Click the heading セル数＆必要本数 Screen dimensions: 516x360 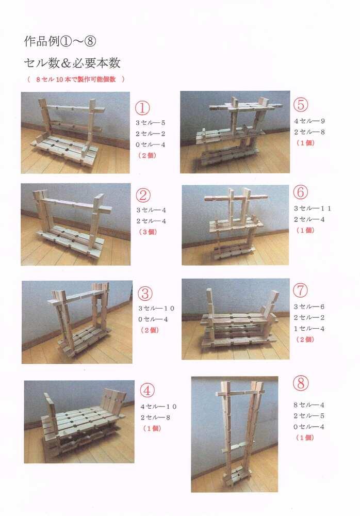pos(72,63)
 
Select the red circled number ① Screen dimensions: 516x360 pos(142,107)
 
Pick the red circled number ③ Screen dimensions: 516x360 pos(145,293)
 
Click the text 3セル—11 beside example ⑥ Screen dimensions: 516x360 pos(313,208)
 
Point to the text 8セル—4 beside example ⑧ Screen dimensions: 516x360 pos(309,405)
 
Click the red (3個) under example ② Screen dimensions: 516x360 pos(148,232)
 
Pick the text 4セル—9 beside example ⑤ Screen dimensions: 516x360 pos(309,121)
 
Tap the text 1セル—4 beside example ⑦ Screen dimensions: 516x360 pos(309,329)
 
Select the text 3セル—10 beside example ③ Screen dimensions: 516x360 pos(156,309)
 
